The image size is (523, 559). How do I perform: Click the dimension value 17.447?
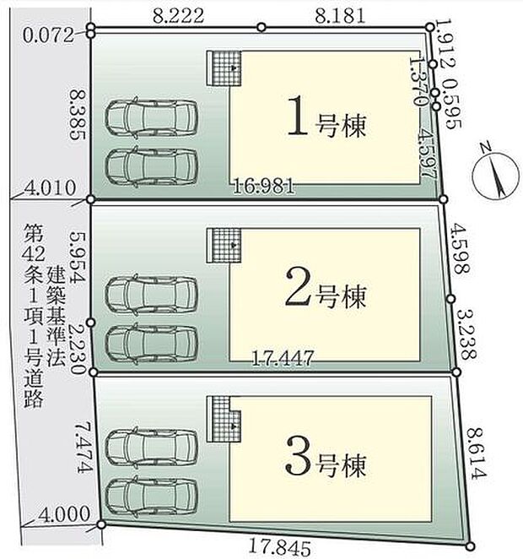coord(283,359)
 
